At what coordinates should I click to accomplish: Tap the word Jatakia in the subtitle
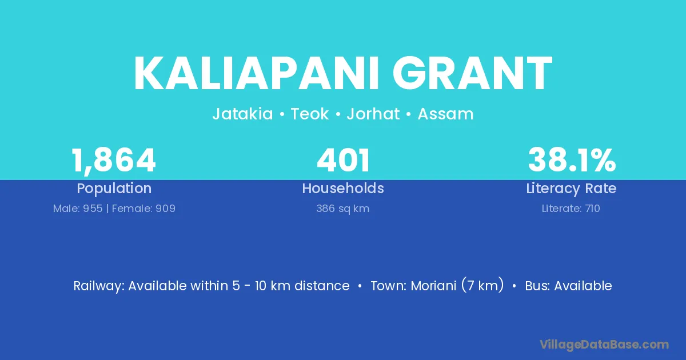click(x=242, y=114)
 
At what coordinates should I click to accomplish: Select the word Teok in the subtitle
click(x=310, y=114)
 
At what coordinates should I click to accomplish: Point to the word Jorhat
click(x=373, y=114)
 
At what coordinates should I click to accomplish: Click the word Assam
click(x=445, y=114)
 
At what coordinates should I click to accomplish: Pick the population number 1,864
click(x=114, y=161)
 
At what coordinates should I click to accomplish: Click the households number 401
click(x=343, y=160)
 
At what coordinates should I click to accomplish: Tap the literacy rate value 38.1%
click(x=572, y=160)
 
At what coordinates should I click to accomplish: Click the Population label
click(x=114, y=189)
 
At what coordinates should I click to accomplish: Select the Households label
click(x=343, y=188)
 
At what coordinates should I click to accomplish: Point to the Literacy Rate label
click(x=571, y=189)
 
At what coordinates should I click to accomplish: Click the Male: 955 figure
click(x=78, y=209)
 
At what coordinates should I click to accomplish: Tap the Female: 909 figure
click(x=143, y=209)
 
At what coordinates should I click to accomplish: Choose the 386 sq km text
click(x=342, y=209)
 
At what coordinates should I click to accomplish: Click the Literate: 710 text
click(x=571, y=209)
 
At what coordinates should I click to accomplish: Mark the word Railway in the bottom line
click(x=99, y=286)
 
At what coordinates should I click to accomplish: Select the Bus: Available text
click(x=568, y=286)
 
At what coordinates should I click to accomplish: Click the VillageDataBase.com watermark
click(x=604, y=345)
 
